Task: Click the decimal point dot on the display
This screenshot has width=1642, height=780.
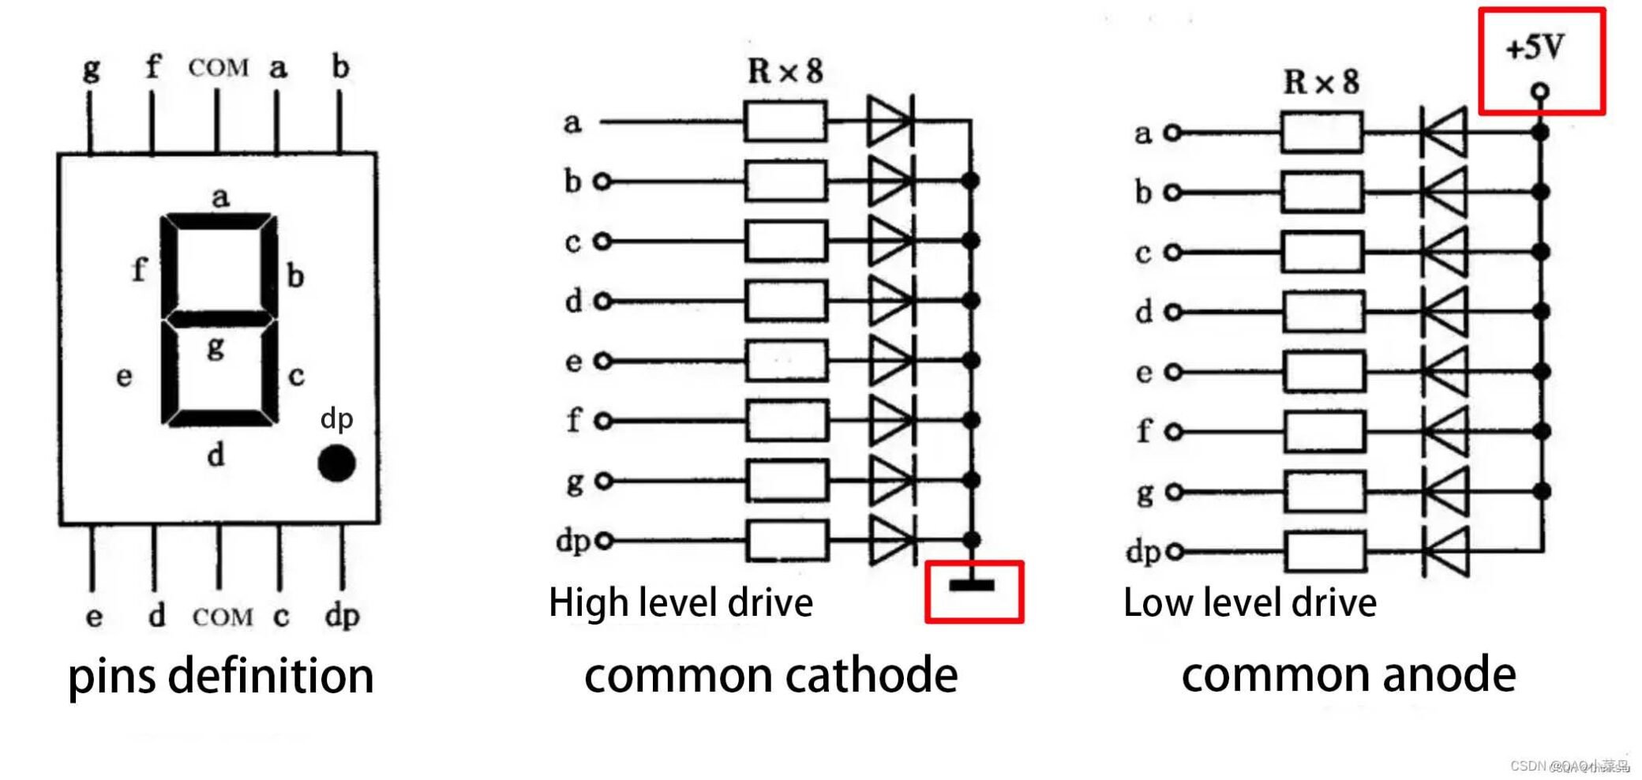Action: click(x=336, y=463)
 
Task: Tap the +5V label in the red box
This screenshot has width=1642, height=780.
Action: click(x=1535, y=48)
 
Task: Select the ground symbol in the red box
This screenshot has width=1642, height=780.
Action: click(x=972, y=585)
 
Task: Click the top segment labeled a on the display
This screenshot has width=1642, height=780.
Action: click(x=219, y=221)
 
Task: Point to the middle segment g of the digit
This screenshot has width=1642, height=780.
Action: click(x=219, y=319)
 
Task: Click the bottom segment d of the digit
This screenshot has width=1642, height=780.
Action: click(x=219, y=418)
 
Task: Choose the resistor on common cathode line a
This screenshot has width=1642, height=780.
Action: click(x=785, y=122)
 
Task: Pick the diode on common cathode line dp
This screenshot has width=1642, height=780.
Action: click(x=891, y=541)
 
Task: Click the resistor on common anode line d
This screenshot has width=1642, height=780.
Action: click(x=1323, y=312)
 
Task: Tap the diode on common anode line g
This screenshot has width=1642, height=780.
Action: click(x=1445, y=492)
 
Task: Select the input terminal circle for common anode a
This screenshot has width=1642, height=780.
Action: click(x=1173, y=133)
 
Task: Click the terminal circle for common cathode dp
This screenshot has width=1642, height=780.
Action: click(x=604, y=541)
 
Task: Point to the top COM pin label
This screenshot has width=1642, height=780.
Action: click(x=218, y=68)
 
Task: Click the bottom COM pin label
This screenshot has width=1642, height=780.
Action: click(x=222, y=617)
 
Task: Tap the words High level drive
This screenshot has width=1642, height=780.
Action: click(x=680, y=603)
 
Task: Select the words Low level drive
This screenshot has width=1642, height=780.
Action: click(x=1250, y=603)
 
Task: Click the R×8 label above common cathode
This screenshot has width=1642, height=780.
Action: click(x=785, y=71)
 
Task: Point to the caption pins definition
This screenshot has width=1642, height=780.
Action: click(x=221, y=677)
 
